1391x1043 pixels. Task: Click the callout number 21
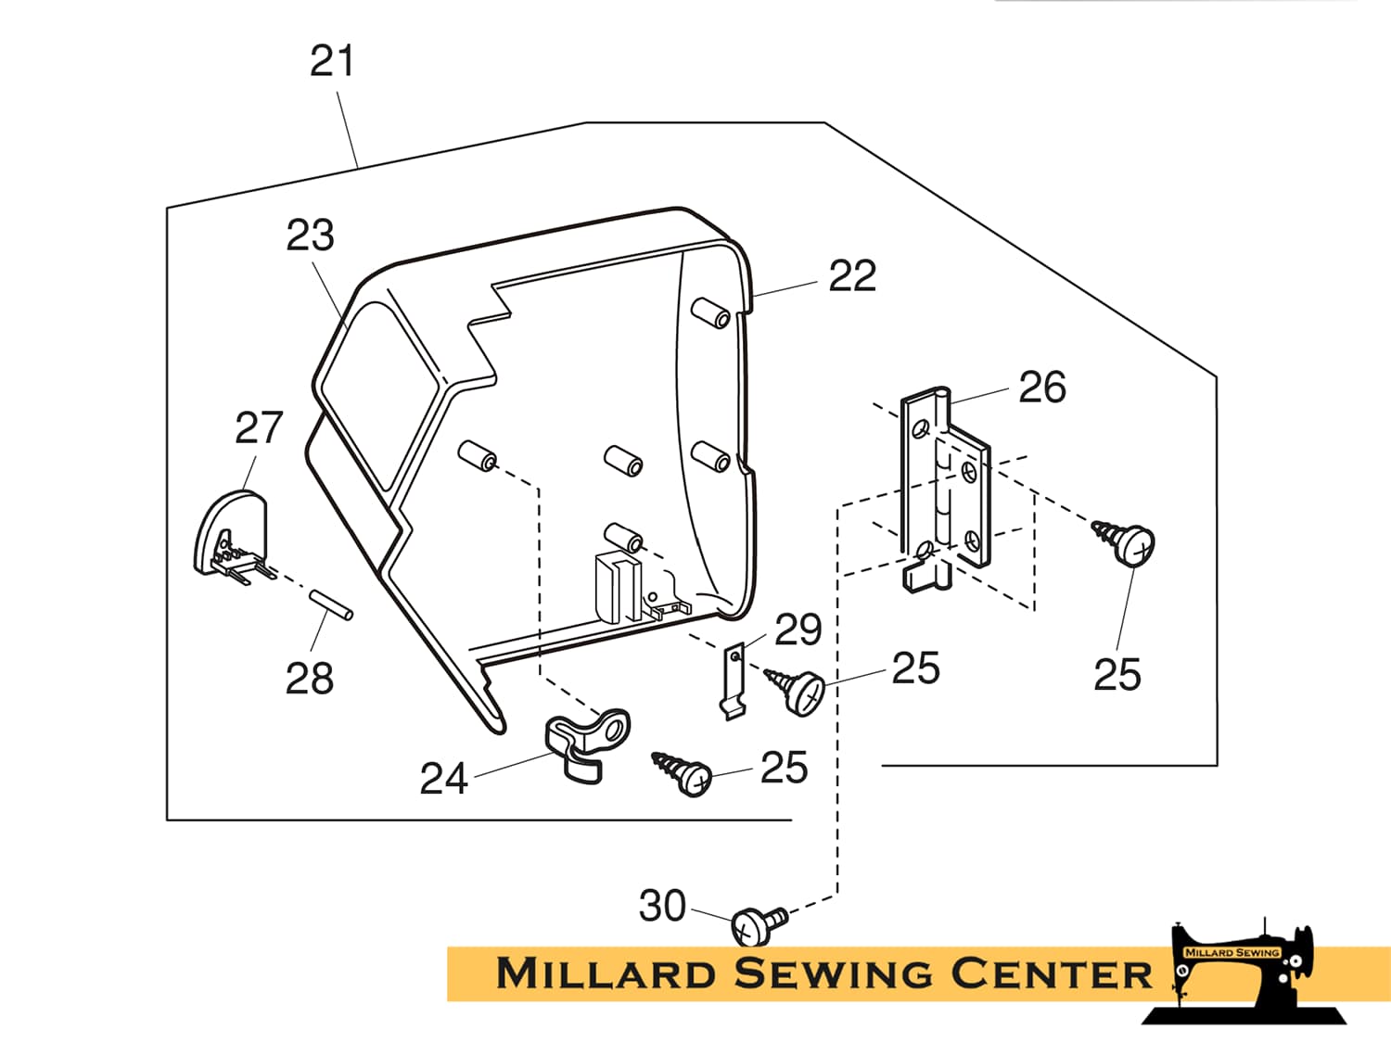pos(332,62)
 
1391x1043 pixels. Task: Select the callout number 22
pos(851,276)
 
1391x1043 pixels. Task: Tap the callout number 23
pos(310,235)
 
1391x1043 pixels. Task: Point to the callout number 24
pos(443,779)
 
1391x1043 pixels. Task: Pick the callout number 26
pos(1042,388)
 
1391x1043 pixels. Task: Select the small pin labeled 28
pos(331,604)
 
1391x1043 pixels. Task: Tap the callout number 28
pos(310,679)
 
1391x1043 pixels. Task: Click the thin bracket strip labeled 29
pos(734,681)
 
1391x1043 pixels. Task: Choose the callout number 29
pos(798,630)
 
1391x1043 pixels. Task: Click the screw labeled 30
pos(757,924)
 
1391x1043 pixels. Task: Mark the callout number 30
pos(662,906)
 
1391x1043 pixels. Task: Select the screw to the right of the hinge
pos(1126,541)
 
